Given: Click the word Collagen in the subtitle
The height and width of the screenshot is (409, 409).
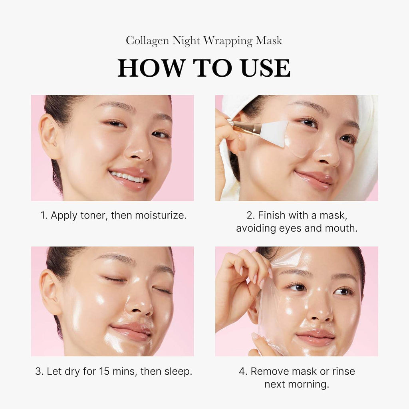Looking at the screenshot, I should pyautogui.click(x=147, y=41).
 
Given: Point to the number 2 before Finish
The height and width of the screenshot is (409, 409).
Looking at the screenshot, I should pyautogui.click(x=250, y=216).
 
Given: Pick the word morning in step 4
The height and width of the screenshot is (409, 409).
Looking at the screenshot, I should pyautogui.click(x=311, y=384).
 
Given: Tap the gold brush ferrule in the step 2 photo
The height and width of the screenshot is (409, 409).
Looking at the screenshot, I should pyautogui.click(x=244, y=127).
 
